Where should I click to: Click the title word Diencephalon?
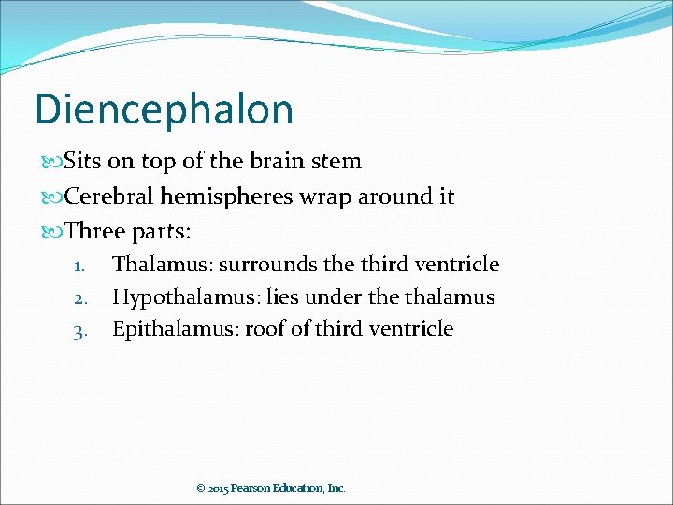164,110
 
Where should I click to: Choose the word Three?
95,230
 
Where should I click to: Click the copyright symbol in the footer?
201,488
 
